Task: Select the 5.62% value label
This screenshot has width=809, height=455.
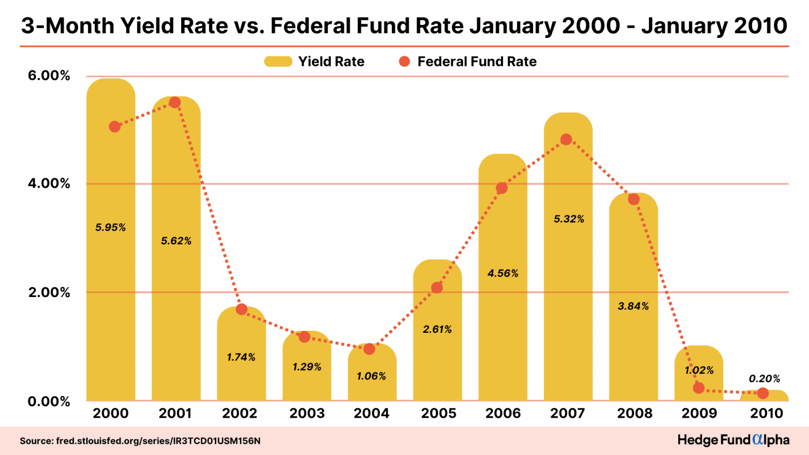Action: (176, 241)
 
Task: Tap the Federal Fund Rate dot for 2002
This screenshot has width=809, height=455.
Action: (242, 309)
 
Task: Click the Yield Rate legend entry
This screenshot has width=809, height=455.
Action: (314, 62)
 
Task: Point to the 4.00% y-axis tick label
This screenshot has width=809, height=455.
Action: (49, 184)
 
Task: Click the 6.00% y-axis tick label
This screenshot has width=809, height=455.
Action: (49, 76)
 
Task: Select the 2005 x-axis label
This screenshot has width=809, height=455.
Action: (438, 413)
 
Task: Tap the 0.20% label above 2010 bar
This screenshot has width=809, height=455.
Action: (764, 379)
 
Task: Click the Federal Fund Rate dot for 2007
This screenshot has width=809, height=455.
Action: (566, 140)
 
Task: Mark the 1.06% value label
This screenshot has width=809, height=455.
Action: (371, 376)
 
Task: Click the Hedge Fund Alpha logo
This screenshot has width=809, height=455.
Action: (733, 440)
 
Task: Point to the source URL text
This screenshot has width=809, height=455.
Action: (140, 441)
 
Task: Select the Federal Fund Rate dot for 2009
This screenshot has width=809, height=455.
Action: (699, 388)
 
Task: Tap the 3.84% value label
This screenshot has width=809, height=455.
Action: (633, 306)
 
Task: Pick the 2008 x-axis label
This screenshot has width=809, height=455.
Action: (635, 413)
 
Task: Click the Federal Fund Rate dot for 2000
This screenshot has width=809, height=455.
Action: (115, 126)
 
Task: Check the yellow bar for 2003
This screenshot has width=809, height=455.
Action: (307, 379)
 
